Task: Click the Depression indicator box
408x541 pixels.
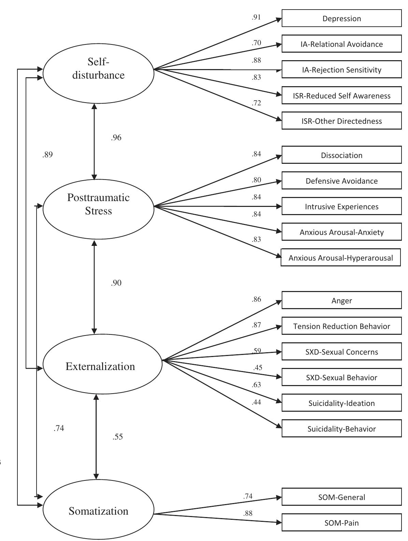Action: coord(341,18)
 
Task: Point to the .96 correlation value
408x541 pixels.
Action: coord(116,138)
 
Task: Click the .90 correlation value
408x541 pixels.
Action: coord(116,283)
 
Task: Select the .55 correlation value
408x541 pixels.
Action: coord(117,437)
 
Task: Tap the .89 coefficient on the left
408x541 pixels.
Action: coord(47,155)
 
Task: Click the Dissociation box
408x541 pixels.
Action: coord(341,155)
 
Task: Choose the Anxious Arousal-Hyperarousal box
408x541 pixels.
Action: coord(340,258)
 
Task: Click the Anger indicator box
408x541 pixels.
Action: coord(341,301)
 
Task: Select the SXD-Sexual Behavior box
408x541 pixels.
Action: coord(341,378)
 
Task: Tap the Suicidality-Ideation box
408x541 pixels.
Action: coord(341,403)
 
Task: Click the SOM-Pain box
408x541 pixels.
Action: coord(341,523)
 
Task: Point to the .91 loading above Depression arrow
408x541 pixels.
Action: coord(256,17)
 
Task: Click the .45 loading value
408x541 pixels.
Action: coord(258,368)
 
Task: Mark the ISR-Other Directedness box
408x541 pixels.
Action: coord(341,121)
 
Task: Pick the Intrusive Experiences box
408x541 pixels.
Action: coord(341,207)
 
